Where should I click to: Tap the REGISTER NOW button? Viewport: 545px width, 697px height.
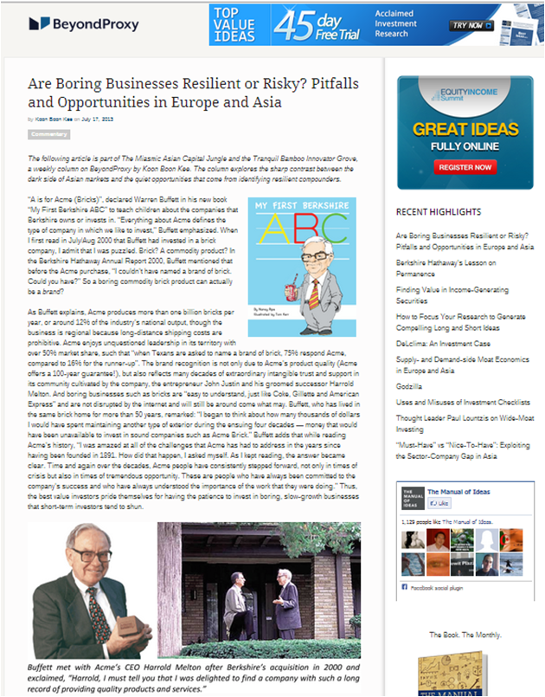[465, 166]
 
